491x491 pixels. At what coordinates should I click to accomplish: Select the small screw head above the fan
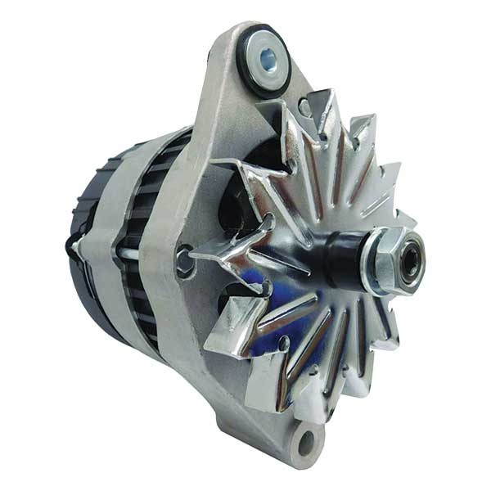coord(304,107)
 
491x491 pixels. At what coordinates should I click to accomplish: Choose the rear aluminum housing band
coord(102,245)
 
